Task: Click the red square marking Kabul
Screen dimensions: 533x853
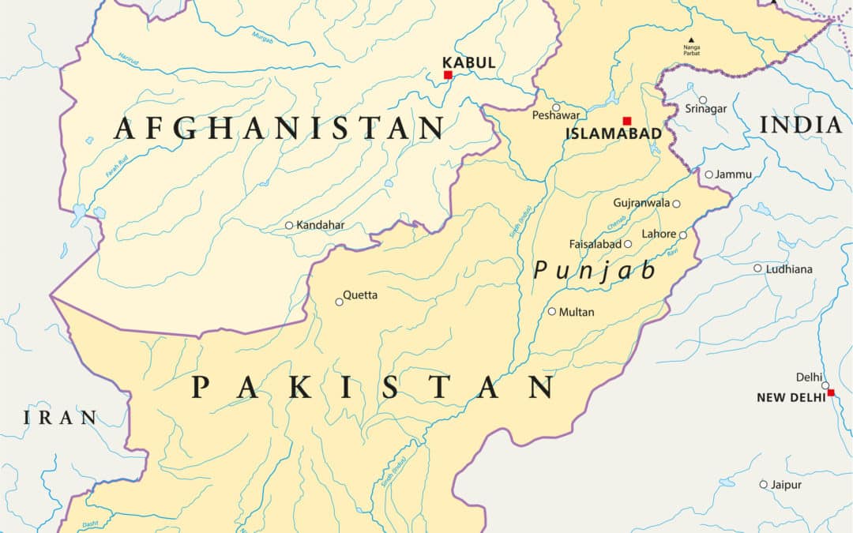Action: point(448,75)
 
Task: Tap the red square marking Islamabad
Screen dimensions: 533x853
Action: point(627,121)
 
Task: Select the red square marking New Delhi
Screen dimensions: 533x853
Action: point(830,392)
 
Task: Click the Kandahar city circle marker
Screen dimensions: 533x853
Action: point(289,225)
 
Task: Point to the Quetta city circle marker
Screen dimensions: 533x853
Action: point(340,301)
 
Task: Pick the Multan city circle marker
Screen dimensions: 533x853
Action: point(552,311)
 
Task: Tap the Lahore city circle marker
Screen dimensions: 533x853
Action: point(683,235)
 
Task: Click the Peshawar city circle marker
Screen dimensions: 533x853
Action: point(556,107)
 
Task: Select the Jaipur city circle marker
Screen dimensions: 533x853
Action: point(764,484)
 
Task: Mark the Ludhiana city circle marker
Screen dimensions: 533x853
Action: point(757,268)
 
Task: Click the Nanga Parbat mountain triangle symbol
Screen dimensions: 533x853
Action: point(692,39)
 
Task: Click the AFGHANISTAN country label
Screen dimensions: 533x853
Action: point(280,128)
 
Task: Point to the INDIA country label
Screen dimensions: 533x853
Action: point(801,125)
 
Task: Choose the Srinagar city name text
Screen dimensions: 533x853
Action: point(706,109)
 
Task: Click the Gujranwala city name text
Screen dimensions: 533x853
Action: point(641,203)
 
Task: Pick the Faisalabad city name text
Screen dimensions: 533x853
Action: point(595,244)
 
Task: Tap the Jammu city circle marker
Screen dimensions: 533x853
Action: point(709,175)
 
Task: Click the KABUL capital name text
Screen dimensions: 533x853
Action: point(469,62)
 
